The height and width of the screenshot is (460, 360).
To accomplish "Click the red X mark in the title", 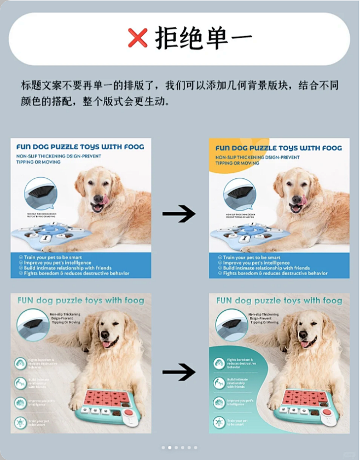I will click(x=138, y=38).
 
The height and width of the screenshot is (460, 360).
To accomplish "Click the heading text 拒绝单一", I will click(x=204, y=38).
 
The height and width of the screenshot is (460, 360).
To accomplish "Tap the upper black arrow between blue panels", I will click(x=179, y=214).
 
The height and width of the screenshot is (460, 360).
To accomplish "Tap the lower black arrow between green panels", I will click(x=179, y=372).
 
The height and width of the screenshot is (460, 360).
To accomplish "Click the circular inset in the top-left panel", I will click(x=41, y=194).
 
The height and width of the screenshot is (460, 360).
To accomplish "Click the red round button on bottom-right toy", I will click(x=327, y=412).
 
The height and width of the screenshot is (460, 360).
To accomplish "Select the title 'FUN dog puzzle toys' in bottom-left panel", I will click(x=80, y=300).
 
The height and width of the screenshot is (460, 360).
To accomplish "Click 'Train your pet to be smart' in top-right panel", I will click(x=251, y=257).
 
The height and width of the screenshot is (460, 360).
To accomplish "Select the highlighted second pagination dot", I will click(x=170, y=447).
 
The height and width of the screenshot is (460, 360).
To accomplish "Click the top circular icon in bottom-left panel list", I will click(x=21, y=363).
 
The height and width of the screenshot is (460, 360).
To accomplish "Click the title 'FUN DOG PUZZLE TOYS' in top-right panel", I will click(x=278, y=148).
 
